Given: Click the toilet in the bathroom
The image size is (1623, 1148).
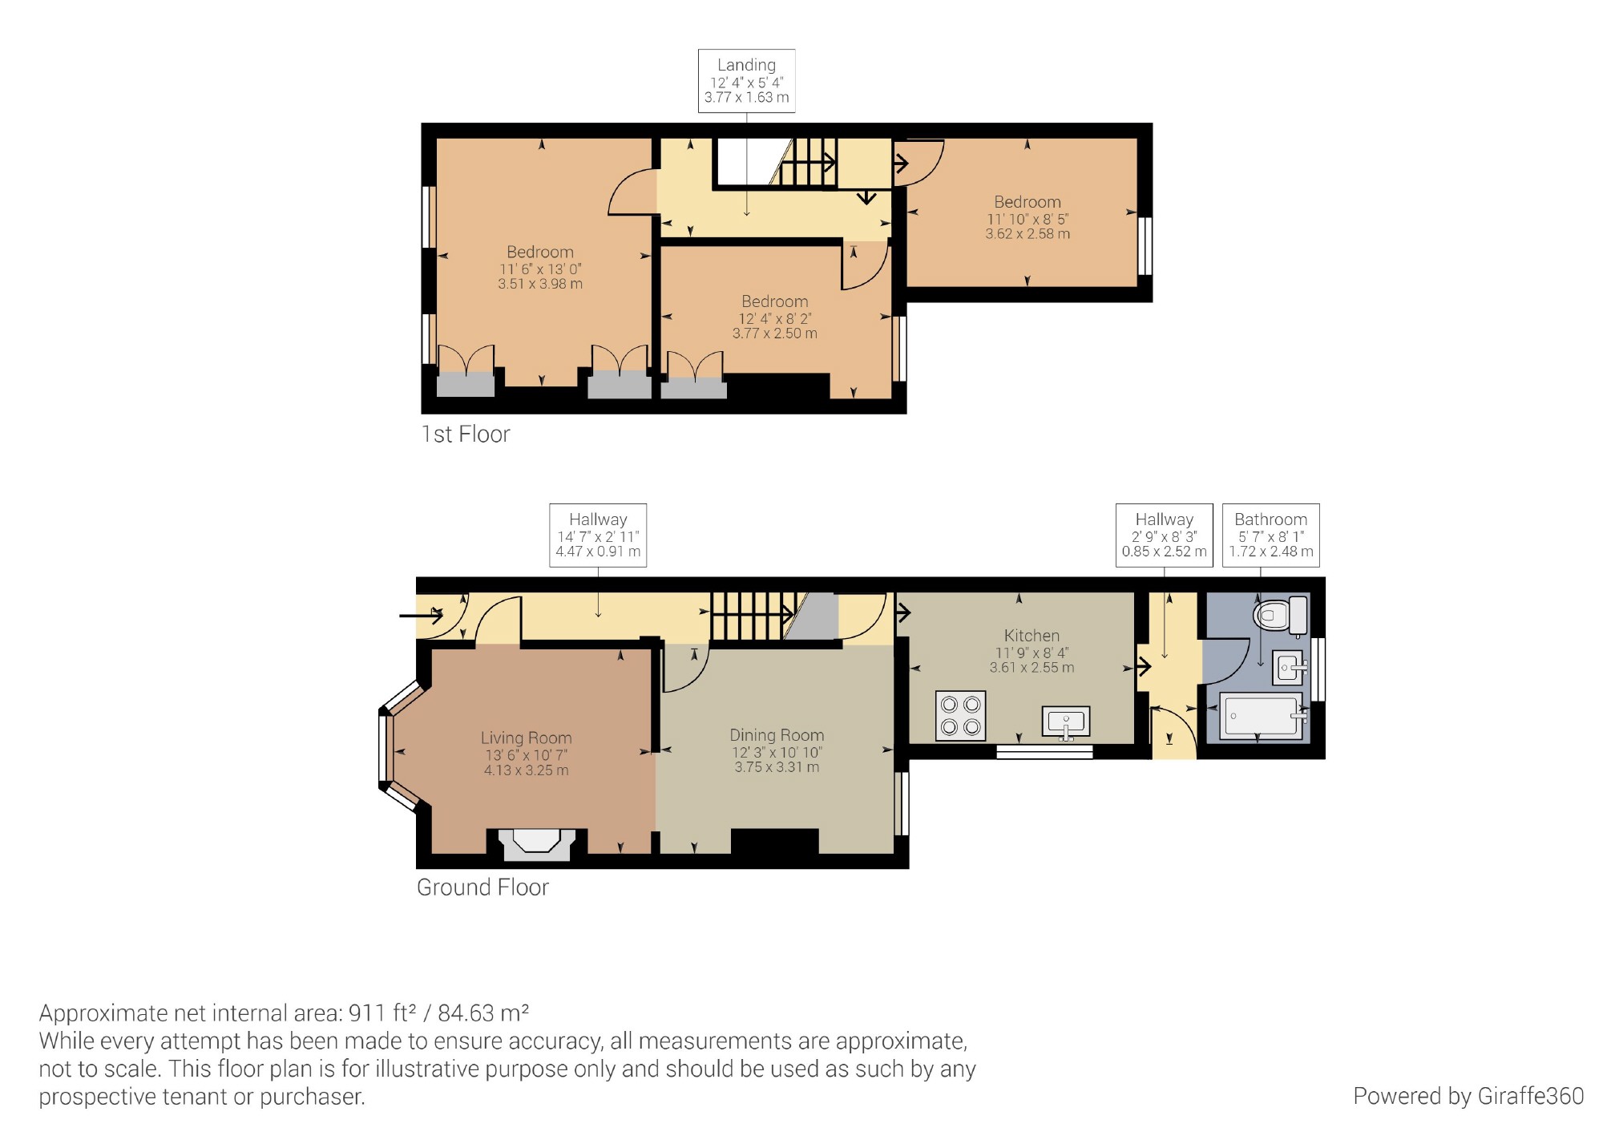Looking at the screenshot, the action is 1281,616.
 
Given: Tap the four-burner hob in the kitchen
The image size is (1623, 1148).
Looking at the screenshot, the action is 960,716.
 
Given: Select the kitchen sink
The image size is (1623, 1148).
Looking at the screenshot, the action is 1066,722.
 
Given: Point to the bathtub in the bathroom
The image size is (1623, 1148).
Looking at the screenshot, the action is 1263,715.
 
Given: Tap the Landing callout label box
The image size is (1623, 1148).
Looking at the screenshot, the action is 746,80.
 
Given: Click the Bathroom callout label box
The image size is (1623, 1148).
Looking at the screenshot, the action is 1270,535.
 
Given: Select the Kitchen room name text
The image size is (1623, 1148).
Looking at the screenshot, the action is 1032,635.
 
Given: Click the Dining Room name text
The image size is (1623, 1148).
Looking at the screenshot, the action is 777,735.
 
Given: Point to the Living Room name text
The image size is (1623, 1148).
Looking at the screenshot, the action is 526,738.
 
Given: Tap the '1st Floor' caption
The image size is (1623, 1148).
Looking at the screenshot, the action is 466,435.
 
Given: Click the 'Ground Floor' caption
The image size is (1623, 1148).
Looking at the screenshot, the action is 482,887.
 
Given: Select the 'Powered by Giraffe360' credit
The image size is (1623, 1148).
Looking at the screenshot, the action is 1468,1096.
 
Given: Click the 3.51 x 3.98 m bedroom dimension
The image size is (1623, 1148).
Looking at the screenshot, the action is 540,284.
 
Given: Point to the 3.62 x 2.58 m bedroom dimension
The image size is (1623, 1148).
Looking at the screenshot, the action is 1027,234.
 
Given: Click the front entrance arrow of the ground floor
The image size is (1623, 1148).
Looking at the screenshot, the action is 421,616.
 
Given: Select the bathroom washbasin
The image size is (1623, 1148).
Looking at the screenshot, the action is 1289,667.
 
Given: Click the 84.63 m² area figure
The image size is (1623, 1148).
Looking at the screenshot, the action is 483,1013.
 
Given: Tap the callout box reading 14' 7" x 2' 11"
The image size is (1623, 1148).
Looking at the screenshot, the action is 598,535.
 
